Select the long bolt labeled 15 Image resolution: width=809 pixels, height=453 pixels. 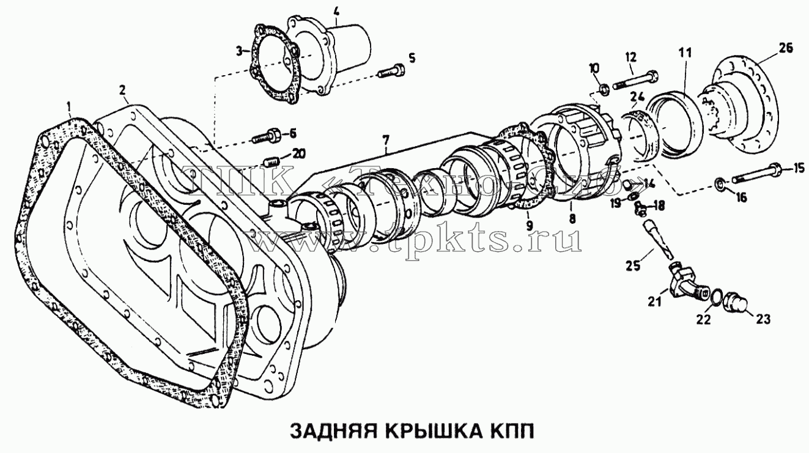tap(756, 173)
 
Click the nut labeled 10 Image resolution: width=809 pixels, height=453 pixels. tap(603, 89)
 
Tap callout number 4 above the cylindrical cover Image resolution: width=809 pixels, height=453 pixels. tap(336, 12)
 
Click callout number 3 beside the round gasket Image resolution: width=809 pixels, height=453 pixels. tap(239, 51)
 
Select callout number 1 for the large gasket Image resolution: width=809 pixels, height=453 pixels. tap(68, 106)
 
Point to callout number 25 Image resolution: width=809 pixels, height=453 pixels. tap(633, 266)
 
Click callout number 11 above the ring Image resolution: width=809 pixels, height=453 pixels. tap(684, 53)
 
